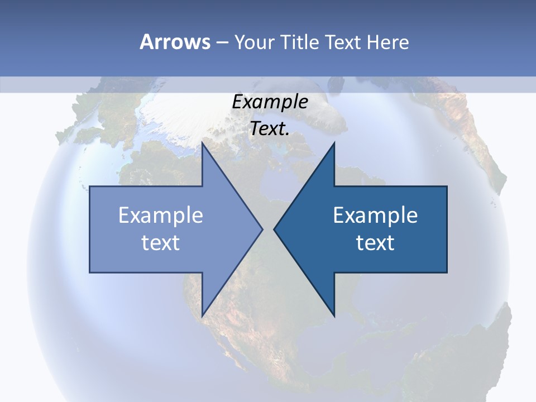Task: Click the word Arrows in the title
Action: point(175,42)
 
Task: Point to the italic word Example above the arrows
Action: point(270,102)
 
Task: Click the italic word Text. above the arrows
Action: point(270,129)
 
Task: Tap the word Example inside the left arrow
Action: point(161,215)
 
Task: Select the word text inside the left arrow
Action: point(161,242)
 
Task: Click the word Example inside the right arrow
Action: point(375,215)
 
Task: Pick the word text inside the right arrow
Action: point(375,242)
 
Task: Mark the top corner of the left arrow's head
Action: point(202,143)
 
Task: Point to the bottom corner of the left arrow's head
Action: point(202,315)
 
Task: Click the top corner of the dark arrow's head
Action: point(334,143)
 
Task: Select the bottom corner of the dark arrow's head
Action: point(334,315)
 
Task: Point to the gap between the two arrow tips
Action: point(268,229)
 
